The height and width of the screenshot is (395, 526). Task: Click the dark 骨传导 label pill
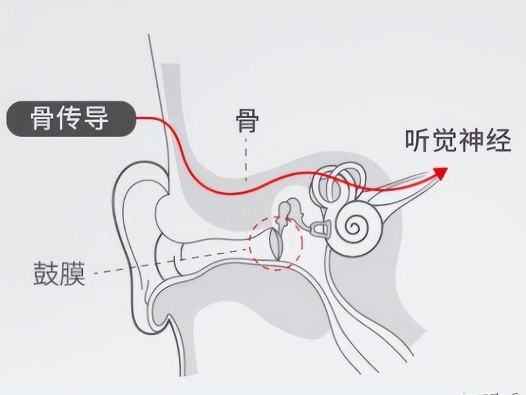pos(71,118)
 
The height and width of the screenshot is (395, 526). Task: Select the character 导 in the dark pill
pos(97,118)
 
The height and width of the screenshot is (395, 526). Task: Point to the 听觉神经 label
pos(458,140)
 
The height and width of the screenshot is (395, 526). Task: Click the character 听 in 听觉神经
pos(418,140)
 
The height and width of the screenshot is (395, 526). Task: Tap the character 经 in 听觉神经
pos(499,140)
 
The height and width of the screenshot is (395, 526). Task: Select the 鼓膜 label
pos(59,273)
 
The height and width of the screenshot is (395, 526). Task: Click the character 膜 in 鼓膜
pos(73,273)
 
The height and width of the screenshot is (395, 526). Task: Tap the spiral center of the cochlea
pos(353,226)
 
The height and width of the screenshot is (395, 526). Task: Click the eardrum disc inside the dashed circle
pos(276,244)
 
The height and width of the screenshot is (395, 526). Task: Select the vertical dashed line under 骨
pos(246,159)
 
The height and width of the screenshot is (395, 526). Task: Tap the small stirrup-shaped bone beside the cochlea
pos(321,228)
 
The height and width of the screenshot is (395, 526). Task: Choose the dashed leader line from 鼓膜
pos(171,261)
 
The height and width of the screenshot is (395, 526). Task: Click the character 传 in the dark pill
pos(70,118)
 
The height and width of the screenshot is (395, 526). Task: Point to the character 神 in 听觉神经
pos(472,140)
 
